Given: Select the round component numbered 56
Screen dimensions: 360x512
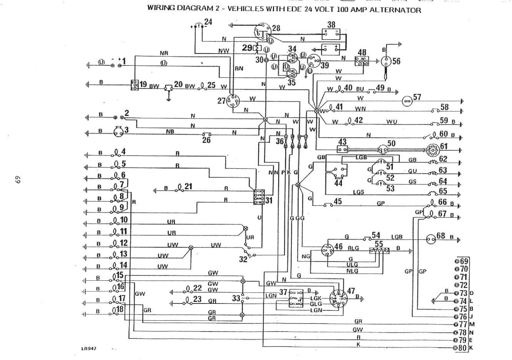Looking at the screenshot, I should (x=386, y=62).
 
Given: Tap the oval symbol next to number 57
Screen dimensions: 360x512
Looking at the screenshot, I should (x=407, y=101).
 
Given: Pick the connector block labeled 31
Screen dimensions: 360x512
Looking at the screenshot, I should (x=258, y=197).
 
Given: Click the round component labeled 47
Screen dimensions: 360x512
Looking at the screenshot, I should (x=338, y=299).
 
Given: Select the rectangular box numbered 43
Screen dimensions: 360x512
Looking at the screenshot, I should (x=342, y=149).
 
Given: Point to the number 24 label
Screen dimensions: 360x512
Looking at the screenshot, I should (x=208, y=22).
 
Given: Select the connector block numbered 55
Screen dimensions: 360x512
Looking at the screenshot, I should (x=379, y=251).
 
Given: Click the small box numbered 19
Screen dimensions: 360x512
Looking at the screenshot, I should (x=134, y=85).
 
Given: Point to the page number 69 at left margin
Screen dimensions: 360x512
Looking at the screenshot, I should (x=17, y=180).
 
